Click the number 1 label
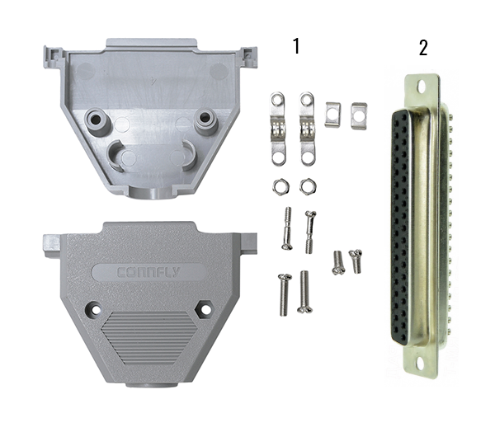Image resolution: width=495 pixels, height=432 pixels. tap(296, 46)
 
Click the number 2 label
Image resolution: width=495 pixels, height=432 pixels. tap(423, 48)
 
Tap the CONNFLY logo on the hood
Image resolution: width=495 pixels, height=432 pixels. tap(148, 272)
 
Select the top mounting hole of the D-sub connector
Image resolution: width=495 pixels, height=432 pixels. tap(421, 85)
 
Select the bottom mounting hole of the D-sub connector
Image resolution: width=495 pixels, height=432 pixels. tap(419, 364)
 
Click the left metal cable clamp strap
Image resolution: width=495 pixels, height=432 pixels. tap(278, 129)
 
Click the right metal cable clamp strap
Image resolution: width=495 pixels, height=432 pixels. tap(308, 129)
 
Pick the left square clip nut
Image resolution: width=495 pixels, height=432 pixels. tap(332, 115)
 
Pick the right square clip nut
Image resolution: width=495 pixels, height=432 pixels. tap(359, 115)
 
